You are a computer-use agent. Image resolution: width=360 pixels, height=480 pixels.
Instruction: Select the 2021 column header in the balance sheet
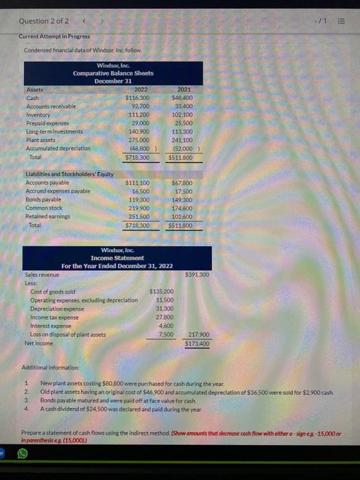click(x=184, y=89)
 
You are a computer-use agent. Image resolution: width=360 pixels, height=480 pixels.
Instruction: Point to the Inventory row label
click(x=38, y=115)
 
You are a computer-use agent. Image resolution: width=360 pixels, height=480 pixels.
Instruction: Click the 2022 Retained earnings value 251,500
click(x=139, y=216)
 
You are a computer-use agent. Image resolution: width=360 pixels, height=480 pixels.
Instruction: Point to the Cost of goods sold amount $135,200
click(x=162, y=291)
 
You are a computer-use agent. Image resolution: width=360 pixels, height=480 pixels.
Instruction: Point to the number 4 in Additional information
click(x=26, y=408)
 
